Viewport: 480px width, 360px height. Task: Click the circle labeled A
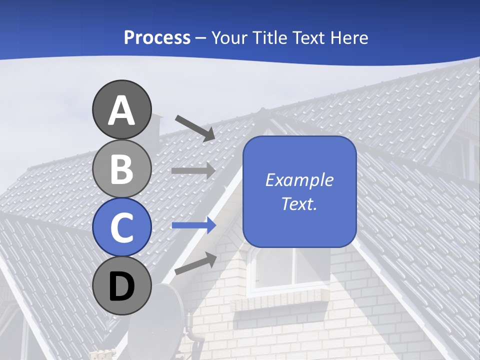pos(122,109)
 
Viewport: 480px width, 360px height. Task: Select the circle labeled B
pos(122,168)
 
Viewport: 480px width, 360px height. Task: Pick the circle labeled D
pos(122,285)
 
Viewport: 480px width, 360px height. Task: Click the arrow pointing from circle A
pos(195,127)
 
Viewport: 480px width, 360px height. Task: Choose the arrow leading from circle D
pos(195,263)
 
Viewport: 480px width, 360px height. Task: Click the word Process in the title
pos(157,37)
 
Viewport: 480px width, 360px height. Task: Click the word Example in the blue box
pos(299,180)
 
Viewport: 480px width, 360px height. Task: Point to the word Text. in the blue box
pos(299,204)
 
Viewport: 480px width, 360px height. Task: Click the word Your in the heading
pos(229,37)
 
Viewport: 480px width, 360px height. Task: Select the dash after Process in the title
pos(200,38)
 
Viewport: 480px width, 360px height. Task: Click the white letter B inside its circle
pos(122,169)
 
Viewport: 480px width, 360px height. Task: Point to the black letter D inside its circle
pos(122,286)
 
